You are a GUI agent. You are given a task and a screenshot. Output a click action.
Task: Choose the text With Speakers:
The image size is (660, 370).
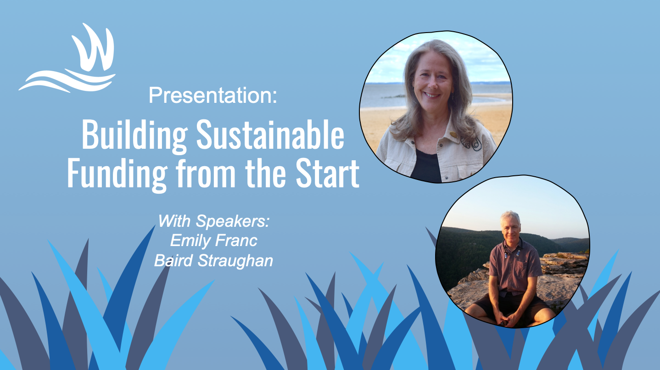[x=213, y=221]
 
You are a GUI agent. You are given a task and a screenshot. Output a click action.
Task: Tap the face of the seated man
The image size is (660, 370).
[x=509, y=227]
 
